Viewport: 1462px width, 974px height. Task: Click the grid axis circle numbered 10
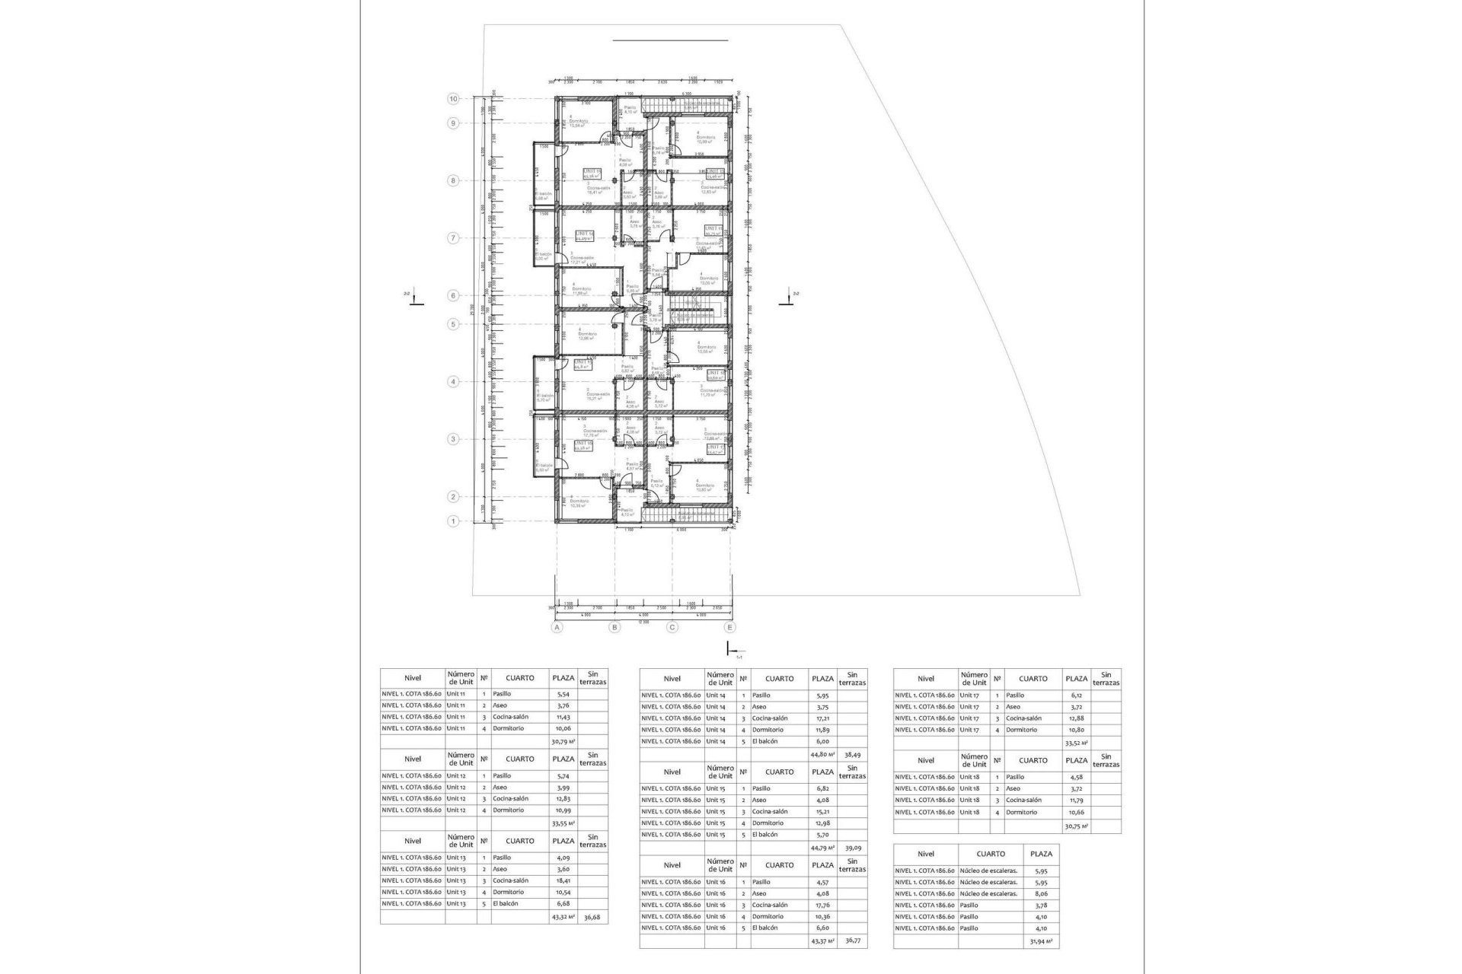tap(453, 99)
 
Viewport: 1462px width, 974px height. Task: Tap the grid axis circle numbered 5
tap(453, 324)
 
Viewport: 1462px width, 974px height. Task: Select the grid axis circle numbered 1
tap(453, 521)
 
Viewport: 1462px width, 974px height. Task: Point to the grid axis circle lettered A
tap(557, 628)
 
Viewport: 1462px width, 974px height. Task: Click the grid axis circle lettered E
tap(730, 628)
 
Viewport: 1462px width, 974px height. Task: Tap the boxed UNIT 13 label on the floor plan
tap(592, 172)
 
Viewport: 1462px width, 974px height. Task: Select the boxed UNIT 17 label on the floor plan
tap(715, 447)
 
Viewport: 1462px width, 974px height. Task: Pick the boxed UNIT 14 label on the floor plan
tap(585, 234)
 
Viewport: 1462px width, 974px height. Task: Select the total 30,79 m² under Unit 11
tap(563, 740)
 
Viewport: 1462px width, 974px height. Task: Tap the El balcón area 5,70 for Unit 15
tap(822, 835)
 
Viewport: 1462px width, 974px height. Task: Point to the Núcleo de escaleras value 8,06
tap(1041, 894)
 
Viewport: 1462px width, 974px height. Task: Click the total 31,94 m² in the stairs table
tap(1041, 941)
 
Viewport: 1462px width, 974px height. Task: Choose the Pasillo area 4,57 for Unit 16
tap(822, 882)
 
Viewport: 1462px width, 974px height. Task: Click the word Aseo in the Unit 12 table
tap(500, 788)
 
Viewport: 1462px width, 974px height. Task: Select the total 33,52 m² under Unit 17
tap(1076, 743)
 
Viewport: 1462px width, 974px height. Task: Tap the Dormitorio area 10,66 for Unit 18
tap(1076, 812)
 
